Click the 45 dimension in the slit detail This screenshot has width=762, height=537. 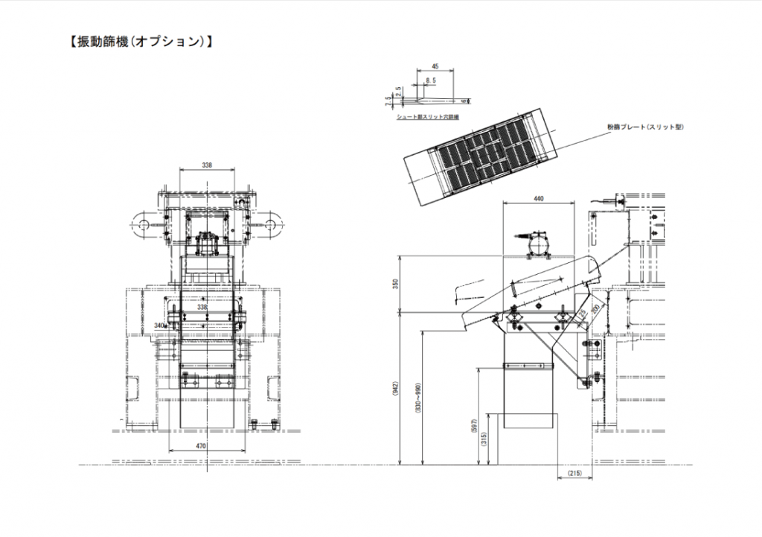click(435, 66)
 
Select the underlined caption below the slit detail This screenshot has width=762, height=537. click(429, 117)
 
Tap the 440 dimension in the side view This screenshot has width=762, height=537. click(540, 198)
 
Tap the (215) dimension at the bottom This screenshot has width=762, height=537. click(574, 474)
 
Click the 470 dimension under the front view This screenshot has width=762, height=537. click(201, 445)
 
